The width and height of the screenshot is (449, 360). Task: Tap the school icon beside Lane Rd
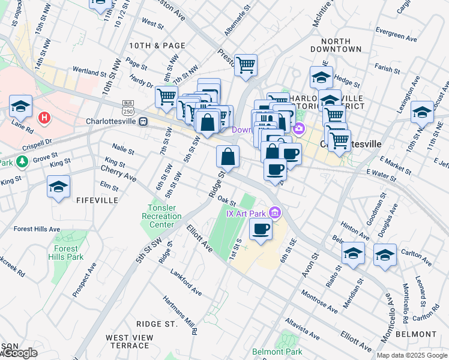[20, 107]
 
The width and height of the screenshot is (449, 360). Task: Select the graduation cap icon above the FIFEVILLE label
[58, 187]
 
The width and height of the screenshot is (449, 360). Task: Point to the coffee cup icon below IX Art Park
[261, 229]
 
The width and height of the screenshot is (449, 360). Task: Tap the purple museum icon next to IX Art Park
[275, 212]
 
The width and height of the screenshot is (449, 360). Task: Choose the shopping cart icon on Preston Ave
[246, 64]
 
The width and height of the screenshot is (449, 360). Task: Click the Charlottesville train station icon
[143, 122]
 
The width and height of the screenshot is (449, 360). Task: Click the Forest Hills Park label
[67, 253]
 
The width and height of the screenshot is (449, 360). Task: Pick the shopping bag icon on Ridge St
[228, 157]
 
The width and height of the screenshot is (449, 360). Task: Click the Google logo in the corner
[19, 353]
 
